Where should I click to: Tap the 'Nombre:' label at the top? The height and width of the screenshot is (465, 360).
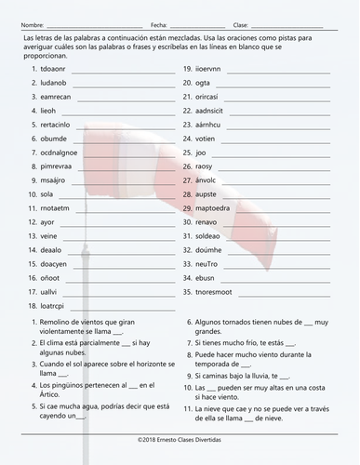click(32, 25)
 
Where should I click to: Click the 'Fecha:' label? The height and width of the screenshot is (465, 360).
click(159, 25)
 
